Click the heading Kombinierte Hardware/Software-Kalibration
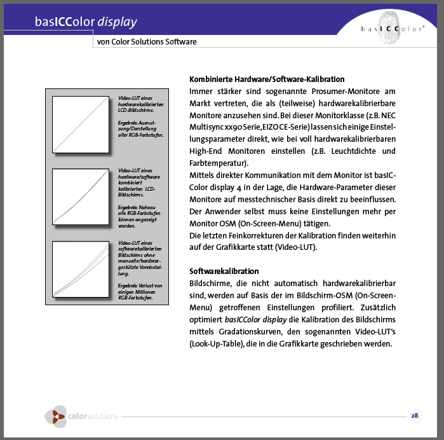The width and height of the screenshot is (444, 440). point(267,79)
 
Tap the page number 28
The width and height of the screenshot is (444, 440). point(414,416)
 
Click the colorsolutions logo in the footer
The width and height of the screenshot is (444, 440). point(82,416)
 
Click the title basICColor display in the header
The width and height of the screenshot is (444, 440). point(86,23)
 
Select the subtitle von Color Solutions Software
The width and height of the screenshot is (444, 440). point(147,42)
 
